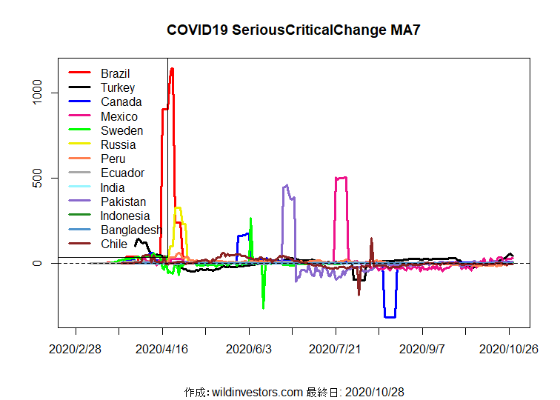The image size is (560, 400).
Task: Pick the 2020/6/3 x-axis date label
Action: [x=249, y=348]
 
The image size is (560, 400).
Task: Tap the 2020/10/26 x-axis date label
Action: [x=508, y=348]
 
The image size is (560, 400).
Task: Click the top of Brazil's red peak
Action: [x=172, y=69]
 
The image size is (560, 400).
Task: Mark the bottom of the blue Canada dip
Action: [x=390, y=317]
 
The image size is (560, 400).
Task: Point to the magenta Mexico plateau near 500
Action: [x=341, y=178]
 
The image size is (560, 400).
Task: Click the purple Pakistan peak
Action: [x=286, y=186]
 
